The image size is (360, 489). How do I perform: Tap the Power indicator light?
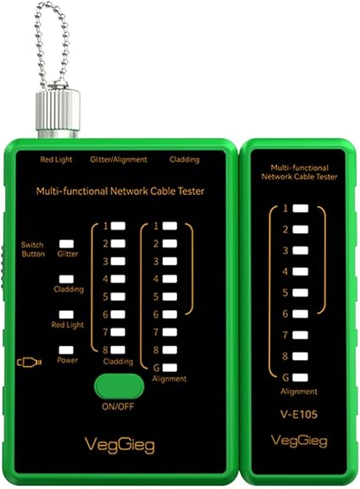pyautogui.click(x=66, y=350)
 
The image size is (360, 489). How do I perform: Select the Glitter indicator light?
pyautogui.click(x=66, y=244)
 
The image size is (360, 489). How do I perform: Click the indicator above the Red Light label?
pyautogui.click(x=66, y=314)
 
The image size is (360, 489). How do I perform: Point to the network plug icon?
pyautogui.click(x=30, y=363)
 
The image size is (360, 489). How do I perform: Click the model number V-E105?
pyautogui.click(x=299, y=414)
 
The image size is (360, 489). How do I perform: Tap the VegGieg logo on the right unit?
pyautogui.click(x=299, y=442)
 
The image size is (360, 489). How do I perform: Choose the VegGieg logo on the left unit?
pyautogui.click(x=119, y=445)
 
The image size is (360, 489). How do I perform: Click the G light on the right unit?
pyautogui.click(x=301, y=377)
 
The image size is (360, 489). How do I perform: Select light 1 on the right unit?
pyautogui.click(x=301, y=208)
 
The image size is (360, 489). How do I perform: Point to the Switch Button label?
pyautogui.click(x=33, y=249)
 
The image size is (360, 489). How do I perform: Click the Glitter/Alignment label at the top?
pyautogui.click(x=119, y=159)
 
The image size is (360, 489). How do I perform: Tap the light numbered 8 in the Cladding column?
pyautogui.click(x=118, y=350)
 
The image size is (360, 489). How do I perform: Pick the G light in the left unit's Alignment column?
pyautogui.click(x=169, y=368)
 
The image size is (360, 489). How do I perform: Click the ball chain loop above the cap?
pyautogui.click(x=52, y=44)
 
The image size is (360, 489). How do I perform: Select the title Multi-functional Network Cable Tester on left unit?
pyautogui.click(x=120, y=191)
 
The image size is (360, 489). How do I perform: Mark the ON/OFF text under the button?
pyautogui.click(x=118, y=406)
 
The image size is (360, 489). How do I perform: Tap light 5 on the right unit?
pyautogui.click(x=301, y=292)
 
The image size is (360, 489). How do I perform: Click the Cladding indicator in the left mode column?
pyautogui.click(x=66, y=279)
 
